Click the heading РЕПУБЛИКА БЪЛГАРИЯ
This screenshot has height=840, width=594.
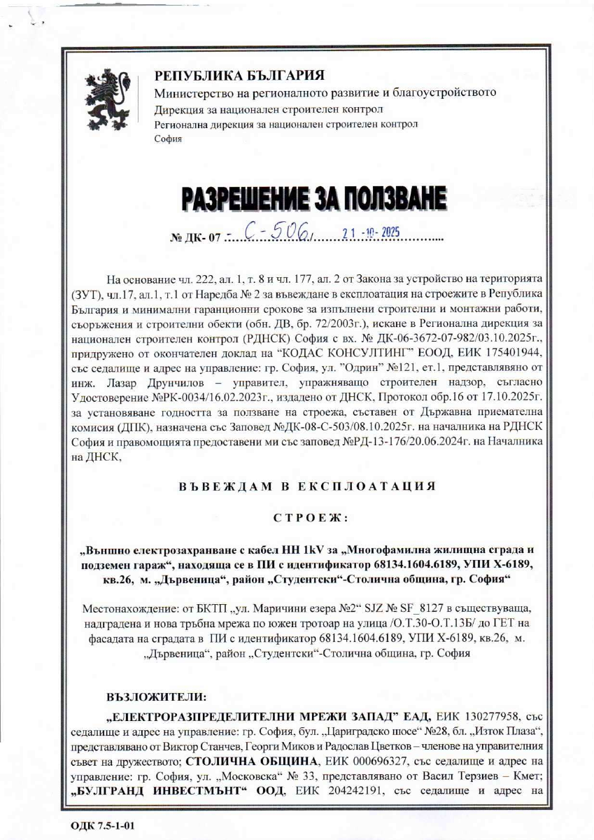click(239, 75)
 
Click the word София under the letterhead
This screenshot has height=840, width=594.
click(168, 139)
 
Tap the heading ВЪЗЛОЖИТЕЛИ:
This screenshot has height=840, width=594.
click(156, 697)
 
